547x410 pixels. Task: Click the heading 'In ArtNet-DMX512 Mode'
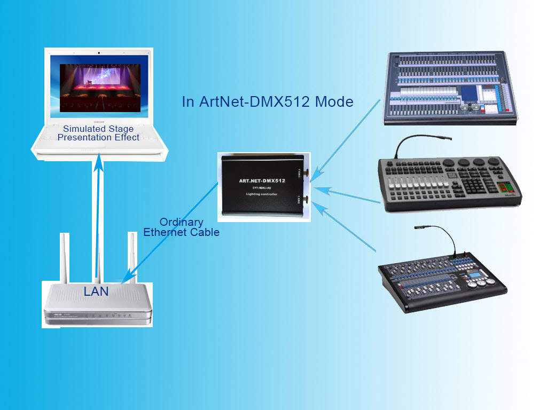click(268, 101)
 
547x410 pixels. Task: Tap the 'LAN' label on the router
click(96, 291)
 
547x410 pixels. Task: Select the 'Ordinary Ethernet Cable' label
click(181, 227)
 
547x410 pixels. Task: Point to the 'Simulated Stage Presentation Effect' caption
click(98, 133)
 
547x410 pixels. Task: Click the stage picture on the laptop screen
click(100, 88)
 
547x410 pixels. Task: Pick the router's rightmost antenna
click(130, 256)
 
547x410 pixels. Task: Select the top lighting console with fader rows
click(451, 88)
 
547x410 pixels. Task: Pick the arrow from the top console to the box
click(347, 139)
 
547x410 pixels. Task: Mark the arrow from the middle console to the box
click(347, 195)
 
